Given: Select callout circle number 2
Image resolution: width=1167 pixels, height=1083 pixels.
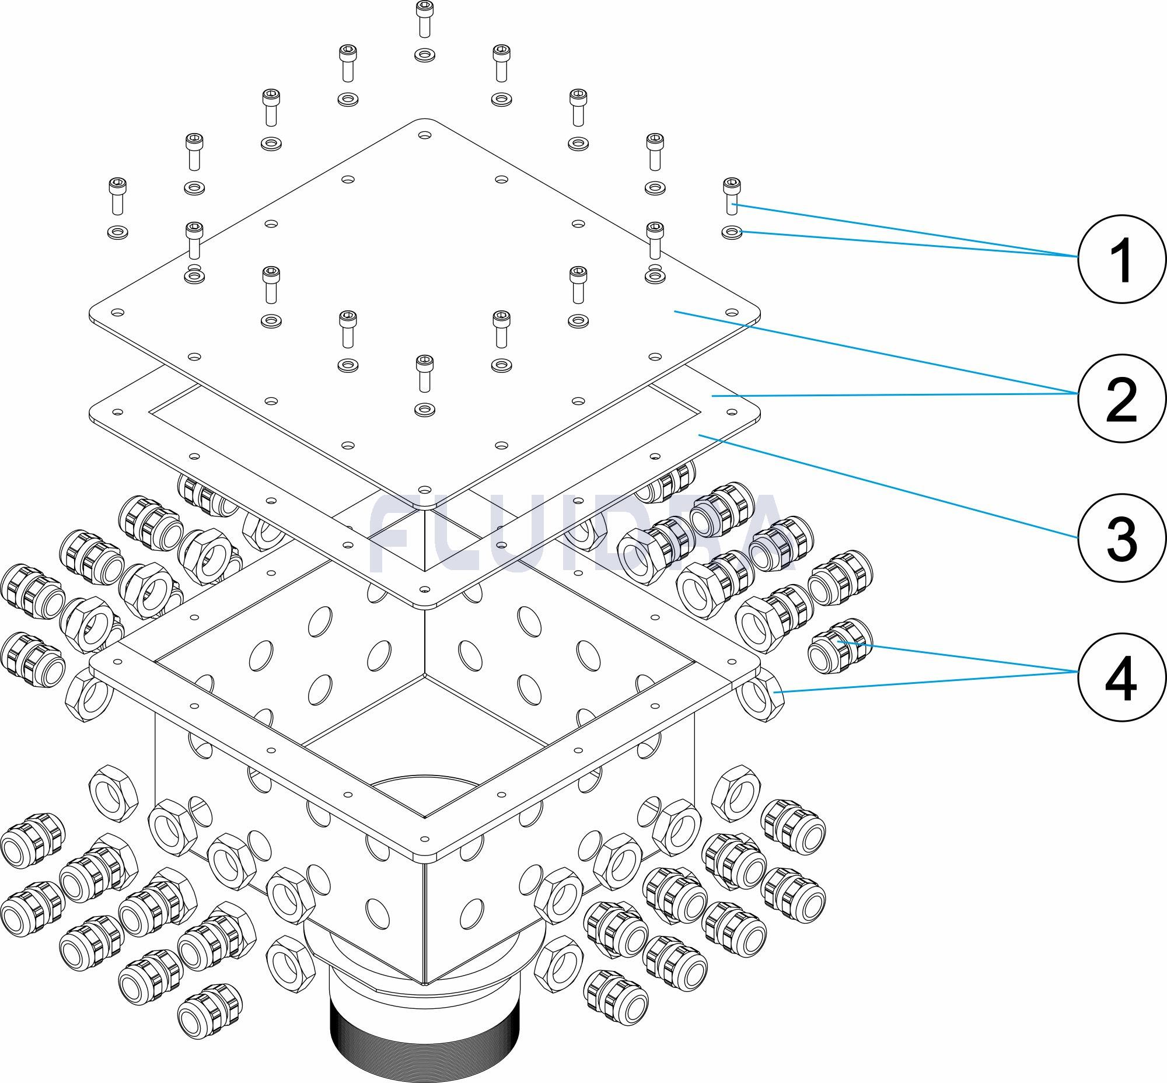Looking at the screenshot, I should (1121, 397).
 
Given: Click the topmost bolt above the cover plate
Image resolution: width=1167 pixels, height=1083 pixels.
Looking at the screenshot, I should (424, 18).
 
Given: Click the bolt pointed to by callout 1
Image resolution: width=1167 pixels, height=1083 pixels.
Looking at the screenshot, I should (731, 195).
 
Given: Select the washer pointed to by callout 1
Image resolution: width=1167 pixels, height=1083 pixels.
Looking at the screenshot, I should (731, 233).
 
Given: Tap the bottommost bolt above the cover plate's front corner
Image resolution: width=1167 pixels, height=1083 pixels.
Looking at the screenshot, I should (424, 372).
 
